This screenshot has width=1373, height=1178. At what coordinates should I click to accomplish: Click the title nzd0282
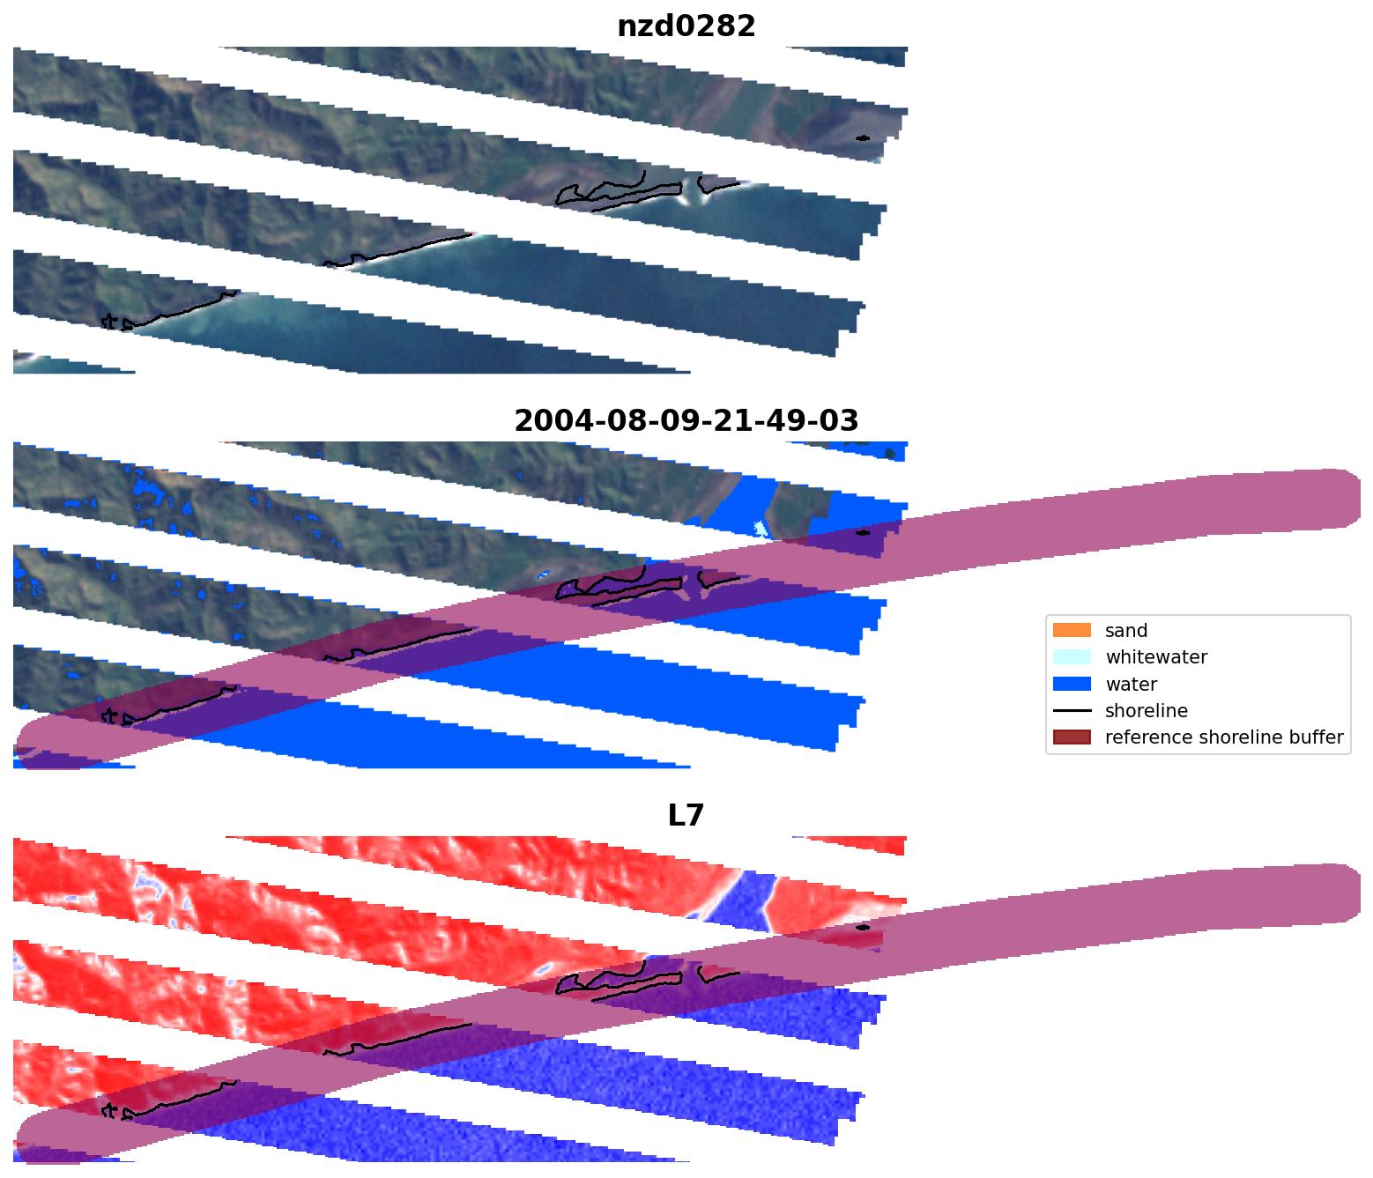tap(686, 26)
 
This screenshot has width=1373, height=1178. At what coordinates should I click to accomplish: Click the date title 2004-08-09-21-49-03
tap(686, 421)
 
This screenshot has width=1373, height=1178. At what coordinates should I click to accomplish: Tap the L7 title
tap(686, 816)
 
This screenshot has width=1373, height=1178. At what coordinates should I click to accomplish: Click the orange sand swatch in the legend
tap(1071, 630)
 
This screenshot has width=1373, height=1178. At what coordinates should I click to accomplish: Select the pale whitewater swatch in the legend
tap(1071, 657)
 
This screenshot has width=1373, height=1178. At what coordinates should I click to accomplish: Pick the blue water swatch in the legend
tap(1071, 684)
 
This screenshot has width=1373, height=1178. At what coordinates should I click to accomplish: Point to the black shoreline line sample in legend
tap(1071, 710)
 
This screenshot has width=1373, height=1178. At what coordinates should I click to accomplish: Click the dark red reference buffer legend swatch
tap(1071, 737)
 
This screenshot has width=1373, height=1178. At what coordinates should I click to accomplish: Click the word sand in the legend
tap(1126, 631)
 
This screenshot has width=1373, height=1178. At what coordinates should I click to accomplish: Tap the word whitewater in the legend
tap(1156, 657)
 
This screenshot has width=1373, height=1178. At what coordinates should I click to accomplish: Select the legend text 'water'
tap(1131, 685)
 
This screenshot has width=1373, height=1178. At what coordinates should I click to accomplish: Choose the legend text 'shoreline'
tap(1146, 711)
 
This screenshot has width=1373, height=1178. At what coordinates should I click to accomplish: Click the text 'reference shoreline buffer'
tap(1224, 737)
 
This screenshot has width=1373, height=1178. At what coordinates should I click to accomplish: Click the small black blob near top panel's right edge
tap(863, 138)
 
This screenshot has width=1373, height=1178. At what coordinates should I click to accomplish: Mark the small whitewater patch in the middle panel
tap(761, 529)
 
